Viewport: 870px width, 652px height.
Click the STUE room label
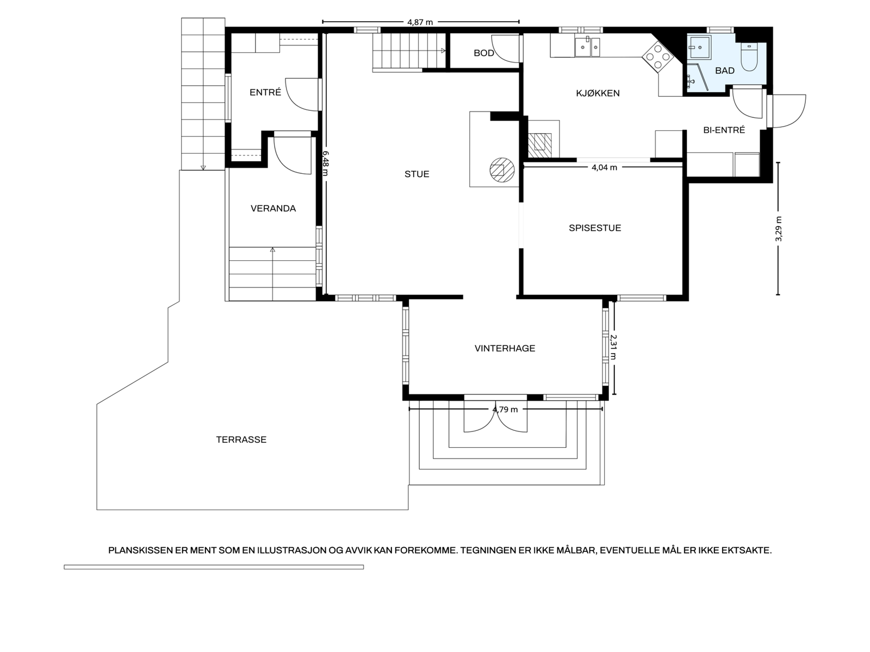(x=417, y=174)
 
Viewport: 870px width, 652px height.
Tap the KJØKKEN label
(x=597, y=93)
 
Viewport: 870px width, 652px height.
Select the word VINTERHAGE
(x=505, y=348)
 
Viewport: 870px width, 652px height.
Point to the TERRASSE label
(x=241, y=440)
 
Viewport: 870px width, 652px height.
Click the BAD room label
(x=724, y=71)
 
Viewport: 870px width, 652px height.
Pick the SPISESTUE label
(x=594, y=228)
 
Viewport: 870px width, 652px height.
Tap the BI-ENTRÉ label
(x=724, y=130)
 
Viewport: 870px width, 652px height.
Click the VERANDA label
(x=273, y=209)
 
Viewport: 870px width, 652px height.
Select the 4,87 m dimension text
(x=420, y=22)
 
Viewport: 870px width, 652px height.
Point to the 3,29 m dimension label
(x=779, y=229)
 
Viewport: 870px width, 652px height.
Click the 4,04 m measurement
(x=604, y=167)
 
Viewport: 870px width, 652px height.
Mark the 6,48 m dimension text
(x=325, y=163)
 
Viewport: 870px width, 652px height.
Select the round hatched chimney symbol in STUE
(x=502, y=170)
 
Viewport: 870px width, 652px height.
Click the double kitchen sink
(x=587, y=47)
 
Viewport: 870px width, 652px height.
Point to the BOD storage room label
(x=483, y=53)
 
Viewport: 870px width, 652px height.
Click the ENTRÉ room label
(x=265, y=92)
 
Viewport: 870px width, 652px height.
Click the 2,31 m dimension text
(x=613, y=347)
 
